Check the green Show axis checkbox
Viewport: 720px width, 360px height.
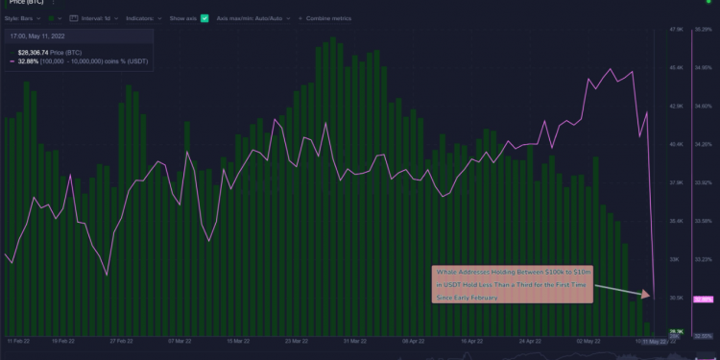tap(204, 18)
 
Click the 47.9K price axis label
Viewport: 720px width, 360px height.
tap(675, 30)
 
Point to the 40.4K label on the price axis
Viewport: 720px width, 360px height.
tap(675, 144)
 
